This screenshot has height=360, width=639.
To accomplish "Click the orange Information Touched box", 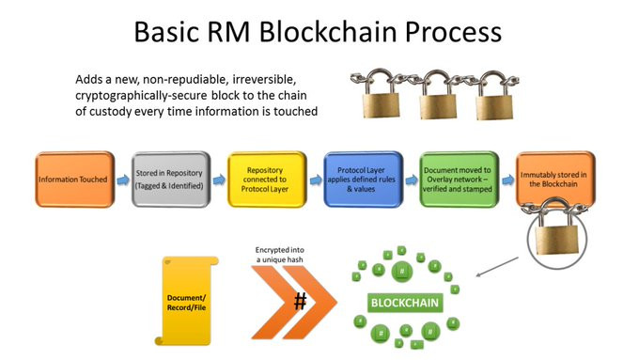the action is coord(75,180).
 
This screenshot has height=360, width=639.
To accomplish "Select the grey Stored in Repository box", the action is coord(171,180).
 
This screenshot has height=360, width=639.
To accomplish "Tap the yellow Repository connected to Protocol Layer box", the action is coord(267,180).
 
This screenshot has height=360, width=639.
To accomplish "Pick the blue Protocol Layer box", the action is coord(363,180).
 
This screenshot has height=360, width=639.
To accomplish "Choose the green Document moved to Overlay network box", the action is coord(460,180).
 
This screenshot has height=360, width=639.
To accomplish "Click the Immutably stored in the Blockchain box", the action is coord(555,179).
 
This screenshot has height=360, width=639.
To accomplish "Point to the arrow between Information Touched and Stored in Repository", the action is coord(123,180).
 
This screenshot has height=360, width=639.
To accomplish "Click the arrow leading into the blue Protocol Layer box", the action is coord(316,180).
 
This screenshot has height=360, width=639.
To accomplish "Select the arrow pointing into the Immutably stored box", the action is coord(507,180).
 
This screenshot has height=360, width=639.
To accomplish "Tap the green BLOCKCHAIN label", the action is coord(405,303).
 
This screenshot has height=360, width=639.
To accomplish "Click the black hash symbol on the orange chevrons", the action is coord(301,302).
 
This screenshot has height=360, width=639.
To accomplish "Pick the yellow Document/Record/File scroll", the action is coord(186,301).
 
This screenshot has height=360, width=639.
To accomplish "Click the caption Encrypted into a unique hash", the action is coord(280,255).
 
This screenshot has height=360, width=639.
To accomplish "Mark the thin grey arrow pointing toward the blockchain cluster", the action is coord(497,267).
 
